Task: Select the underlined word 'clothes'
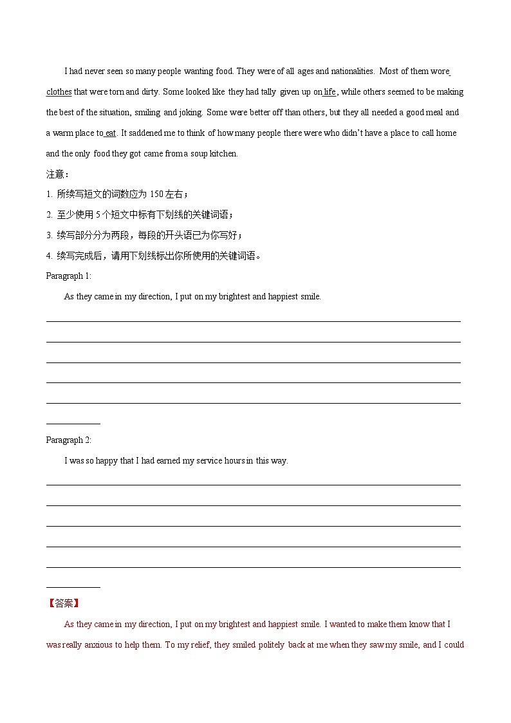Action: [x=59, y=91]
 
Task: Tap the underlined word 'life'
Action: [x=330, y=91]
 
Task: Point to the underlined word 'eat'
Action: [x=111, y=133]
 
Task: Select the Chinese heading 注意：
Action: [x=57, y=174]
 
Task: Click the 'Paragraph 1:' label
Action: [x=69, y=276]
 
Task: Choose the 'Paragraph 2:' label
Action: [x=69, y=440]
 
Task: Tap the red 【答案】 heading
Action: [x=63, y=603]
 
